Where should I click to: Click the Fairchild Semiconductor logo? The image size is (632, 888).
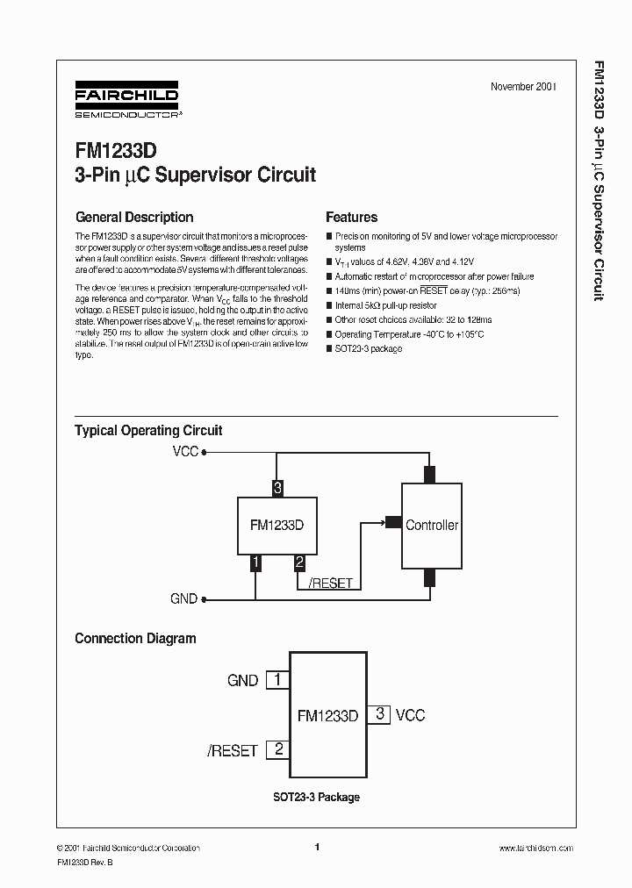tap(126, 102)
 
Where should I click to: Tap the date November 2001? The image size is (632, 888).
tap(523, 87)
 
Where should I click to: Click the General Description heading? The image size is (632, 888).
tap(134, 218)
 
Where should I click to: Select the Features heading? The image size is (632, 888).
tap(351, 218)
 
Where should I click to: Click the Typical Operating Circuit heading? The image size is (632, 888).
tap(148, 431)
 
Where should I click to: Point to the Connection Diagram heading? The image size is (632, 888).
tap(135, 639)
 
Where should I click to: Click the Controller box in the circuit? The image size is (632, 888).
tap(431, 526)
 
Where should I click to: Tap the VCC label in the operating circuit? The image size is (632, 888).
tap(185, 453)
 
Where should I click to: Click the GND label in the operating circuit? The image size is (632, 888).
tap(184, 599)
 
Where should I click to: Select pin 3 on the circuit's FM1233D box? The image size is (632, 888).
tap(277, 488)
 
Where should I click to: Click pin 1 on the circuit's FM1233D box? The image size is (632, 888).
tap(255, 563)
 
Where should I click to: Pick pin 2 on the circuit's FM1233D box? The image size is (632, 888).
tap(299, 563)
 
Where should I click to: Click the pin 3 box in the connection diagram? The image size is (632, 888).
tap(379, 714)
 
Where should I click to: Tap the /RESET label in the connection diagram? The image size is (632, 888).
tap(233, 751)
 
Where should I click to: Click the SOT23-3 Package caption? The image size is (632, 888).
tap(314, 798)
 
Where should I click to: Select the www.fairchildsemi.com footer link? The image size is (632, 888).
tap(535, 849)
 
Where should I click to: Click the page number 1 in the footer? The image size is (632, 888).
tap(316, 848)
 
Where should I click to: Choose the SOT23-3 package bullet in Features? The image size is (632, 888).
tap(368, 348)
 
